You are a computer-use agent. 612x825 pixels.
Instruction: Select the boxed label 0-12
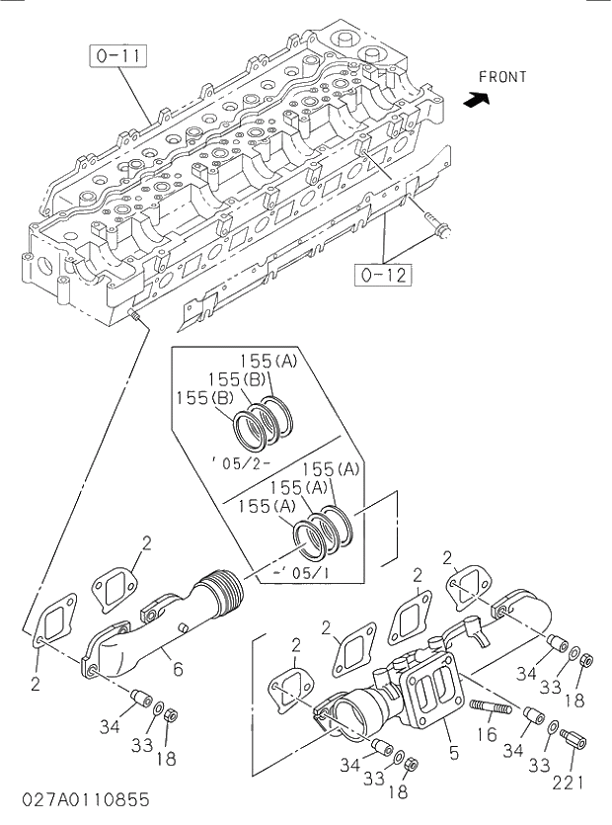[x=382, y=275]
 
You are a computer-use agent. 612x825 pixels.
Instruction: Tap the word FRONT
[x=502, y=77]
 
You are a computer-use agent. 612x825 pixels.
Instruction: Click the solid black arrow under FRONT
[x=477, y=99]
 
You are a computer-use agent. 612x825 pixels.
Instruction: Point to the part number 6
[x=178, y=668]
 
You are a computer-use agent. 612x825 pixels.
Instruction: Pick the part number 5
[x=453, y=753]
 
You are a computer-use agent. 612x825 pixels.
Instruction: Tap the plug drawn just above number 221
[x=573, y=738]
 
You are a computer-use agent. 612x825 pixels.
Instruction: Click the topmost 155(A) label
[x=268, y=362]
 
